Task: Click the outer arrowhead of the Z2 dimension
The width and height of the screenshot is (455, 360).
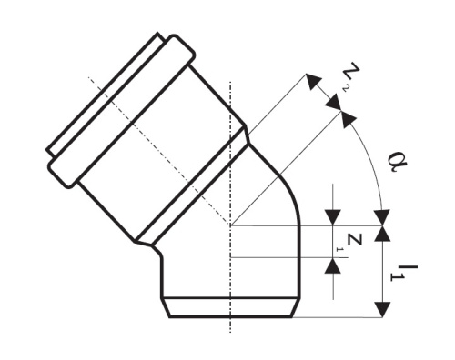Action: point(313,83)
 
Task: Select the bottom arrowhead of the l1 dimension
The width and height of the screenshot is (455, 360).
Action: point(383,310)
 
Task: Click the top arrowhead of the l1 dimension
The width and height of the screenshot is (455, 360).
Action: point(383,234)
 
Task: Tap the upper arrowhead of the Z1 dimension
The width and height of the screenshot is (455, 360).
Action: point(335,218)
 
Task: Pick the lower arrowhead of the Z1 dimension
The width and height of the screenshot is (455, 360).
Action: point(335,265)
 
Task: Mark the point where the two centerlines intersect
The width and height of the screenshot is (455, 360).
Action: point(231,225)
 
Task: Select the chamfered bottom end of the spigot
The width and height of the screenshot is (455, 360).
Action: point(231,309)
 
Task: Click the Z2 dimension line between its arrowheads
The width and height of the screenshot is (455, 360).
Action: point(329,98)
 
